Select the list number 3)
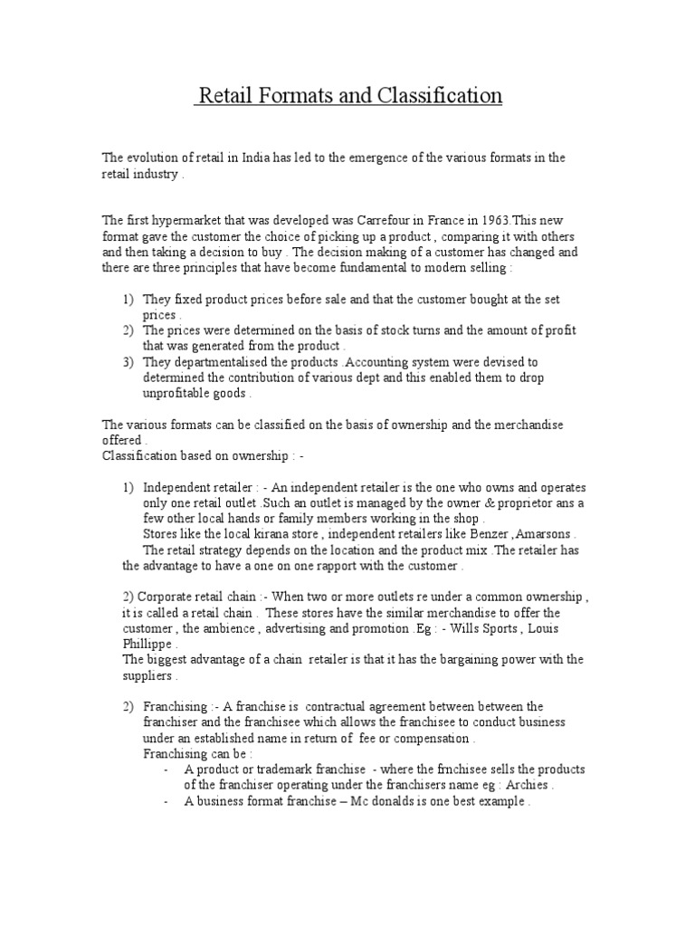pos(128,361)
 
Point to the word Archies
pos(525,785)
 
